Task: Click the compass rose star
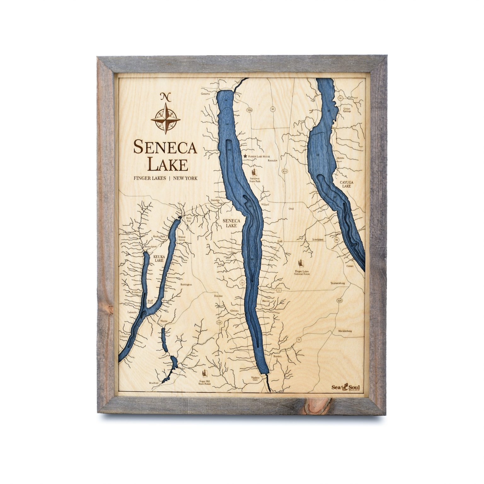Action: point(165,120)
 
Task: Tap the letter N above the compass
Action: point(165,97)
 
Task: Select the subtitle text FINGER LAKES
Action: point(150,178)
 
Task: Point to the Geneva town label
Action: point(205,94)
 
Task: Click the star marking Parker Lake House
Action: point(245,156)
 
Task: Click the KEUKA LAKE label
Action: point(158,259)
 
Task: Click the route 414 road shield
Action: point(285,171)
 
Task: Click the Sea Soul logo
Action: point(346,387)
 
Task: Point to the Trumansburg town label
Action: point(338,283)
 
